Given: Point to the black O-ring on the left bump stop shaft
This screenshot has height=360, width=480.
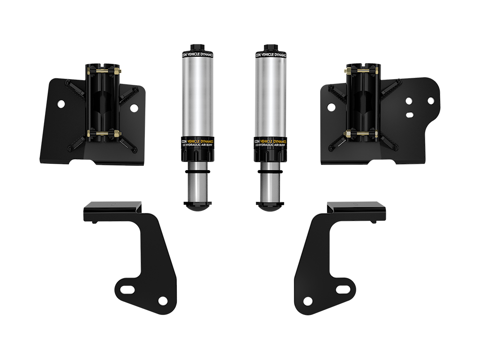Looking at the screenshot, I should pyautogui.click(x=195, y=172).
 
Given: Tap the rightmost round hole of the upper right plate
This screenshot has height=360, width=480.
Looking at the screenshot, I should pyautogui.click(x=431, y=100).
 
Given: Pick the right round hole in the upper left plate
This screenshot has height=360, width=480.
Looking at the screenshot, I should pyautogui.click(x=134, y=108).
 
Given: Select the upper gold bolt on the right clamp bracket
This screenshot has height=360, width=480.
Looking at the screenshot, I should pyautogui.click(x=361, y=71).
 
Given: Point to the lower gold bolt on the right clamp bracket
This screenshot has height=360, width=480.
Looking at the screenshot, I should pyautogui.click(x=361, y=134).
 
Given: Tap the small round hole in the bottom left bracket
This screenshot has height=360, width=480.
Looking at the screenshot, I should pyautogui.click(x=162, y=300).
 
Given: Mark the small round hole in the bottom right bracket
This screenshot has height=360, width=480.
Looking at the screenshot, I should pyautogui.click(x=308, y=300).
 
